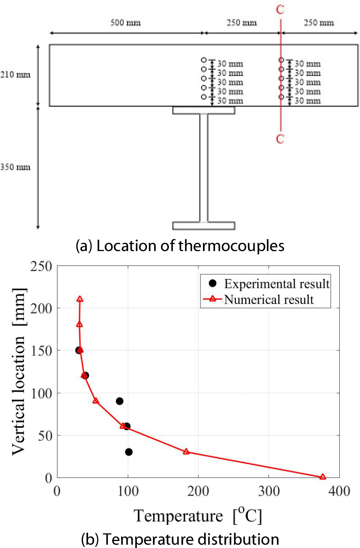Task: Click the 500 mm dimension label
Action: pos(126,23)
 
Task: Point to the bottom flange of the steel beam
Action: pos(204,225)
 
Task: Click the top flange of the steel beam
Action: pos(204,110)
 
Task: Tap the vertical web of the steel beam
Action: pos(204,167)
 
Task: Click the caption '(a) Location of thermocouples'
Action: pos(180,246)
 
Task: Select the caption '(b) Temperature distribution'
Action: pos(180,539)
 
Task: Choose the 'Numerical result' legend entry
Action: pos(269,299)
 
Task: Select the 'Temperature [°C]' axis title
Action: pos(198,516)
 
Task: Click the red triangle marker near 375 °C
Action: pos(323,477)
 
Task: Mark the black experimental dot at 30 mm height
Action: pos(129,452)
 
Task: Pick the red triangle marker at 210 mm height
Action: pos(80,299)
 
